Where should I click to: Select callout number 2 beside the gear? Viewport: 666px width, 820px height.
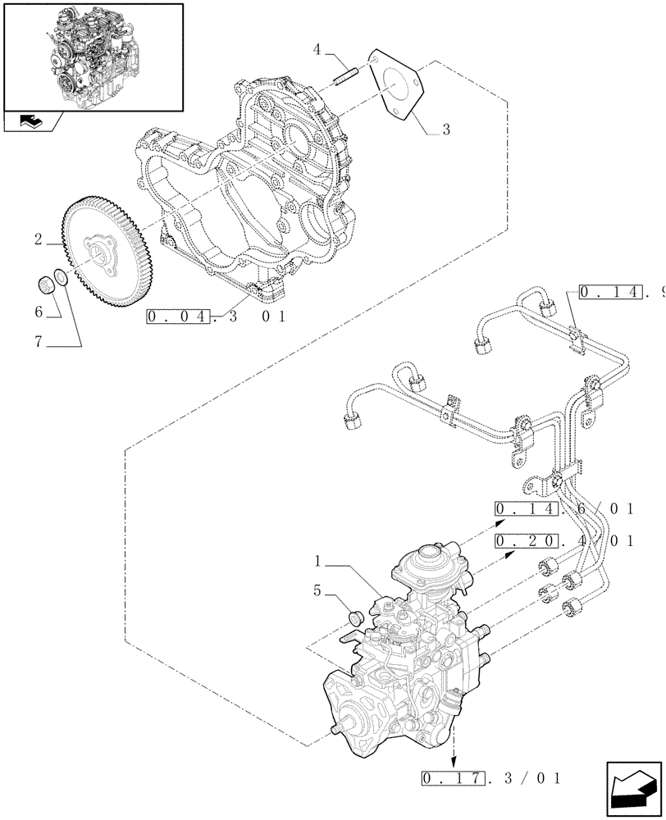[39, 239]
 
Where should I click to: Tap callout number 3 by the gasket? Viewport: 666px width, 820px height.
[445, 129]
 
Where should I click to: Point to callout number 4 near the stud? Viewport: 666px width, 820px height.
[317, 51]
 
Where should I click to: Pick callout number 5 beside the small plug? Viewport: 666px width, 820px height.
[317, 588]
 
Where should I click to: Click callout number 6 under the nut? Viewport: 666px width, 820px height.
[39, 312]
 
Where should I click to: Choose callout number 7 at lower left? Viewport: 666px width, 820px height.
[39, 342]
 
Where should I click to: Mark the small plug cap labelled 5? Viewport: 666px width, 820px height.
[355, 617]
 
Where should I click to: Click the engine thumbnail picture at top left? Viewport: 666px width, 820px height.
[93, 56]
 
